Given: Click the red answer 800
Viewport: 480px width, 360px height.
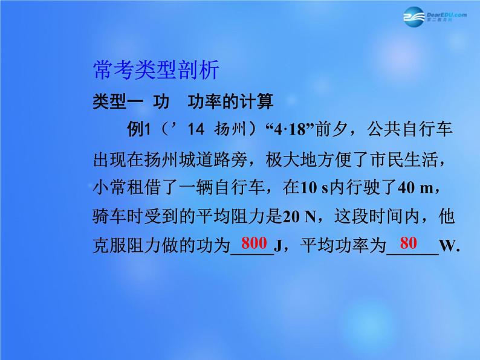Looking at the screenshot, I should coord(254,244).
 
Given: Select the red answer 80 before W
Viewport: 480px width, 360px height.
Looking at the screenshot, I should coord(409,244).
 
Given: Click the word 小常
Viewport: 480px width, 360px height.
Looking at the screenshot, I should coord(106,187).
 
